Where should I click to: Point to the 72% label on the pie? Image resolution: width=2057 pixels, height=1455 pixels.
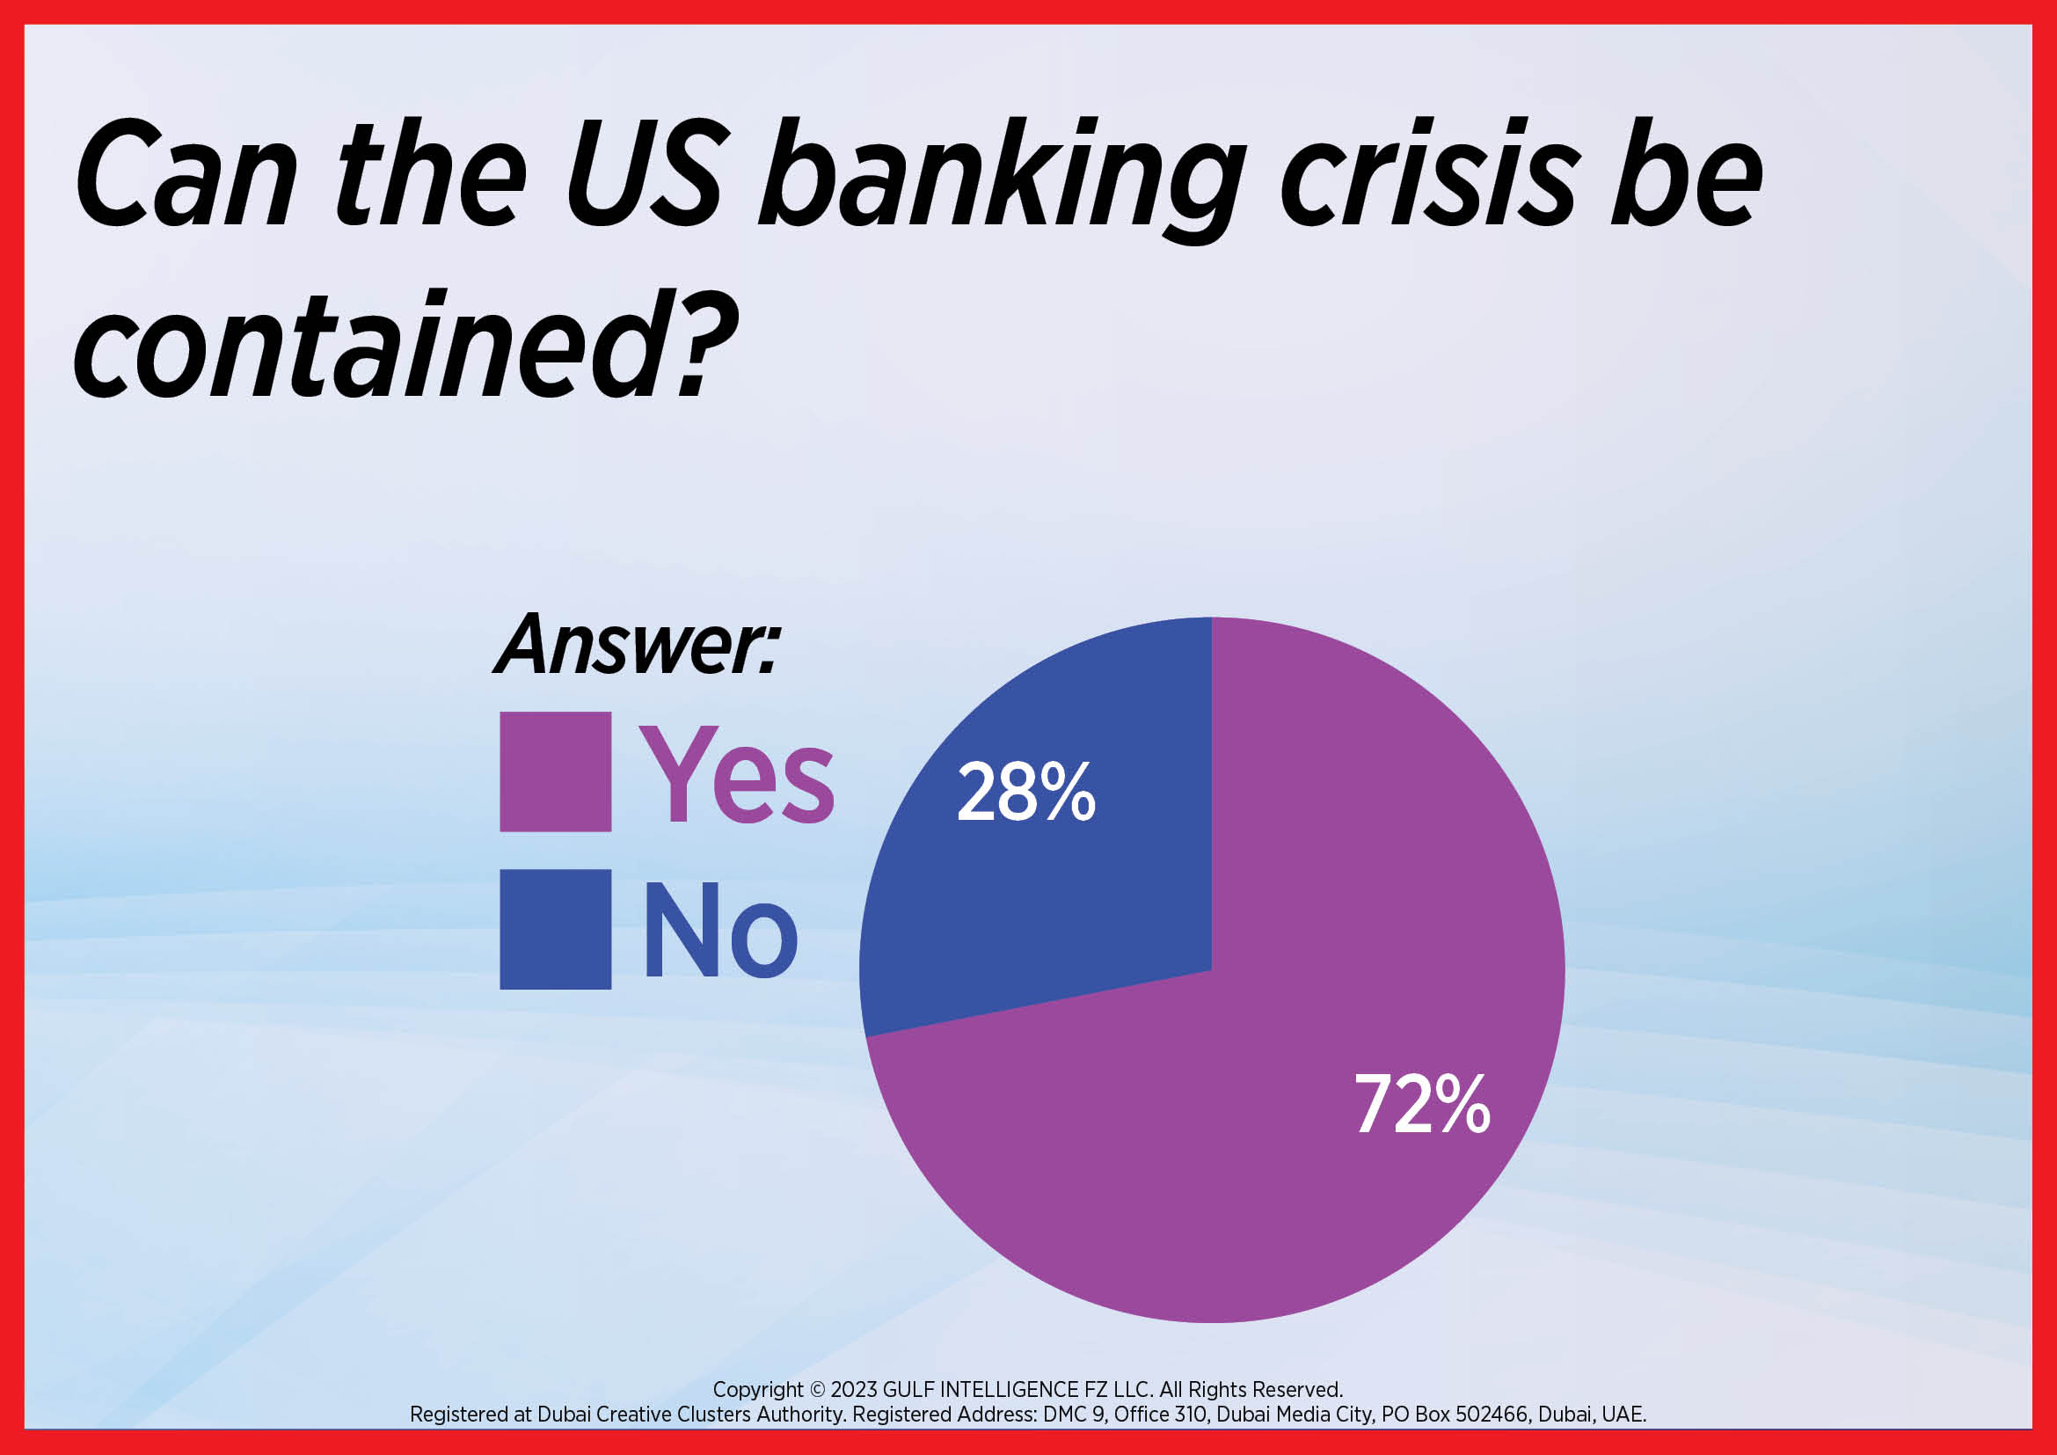(x=1423, y=1104)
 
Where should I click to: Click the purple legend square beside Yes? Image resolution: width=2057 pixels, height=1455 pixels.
(x=556, y=771)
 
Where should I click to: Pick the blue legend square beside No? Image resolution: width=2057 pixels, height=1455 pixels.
(x=556, y=929)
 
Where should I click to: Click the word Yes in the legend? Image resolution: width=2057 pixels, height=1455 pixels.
(x=736, y=774)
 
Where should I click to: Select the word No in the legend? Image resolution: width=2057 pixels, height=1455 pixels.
(x=720, y=929)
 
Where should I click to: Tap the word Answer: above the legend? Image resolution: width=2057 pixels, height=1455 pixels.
(x=637, y=644)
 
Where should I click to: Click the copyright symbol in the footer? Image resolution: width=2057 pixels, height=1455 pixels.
(x=817, y=1390)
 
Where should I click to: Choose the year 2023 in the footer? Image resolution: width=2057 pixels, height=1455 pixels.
(x=854, y=1390)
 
